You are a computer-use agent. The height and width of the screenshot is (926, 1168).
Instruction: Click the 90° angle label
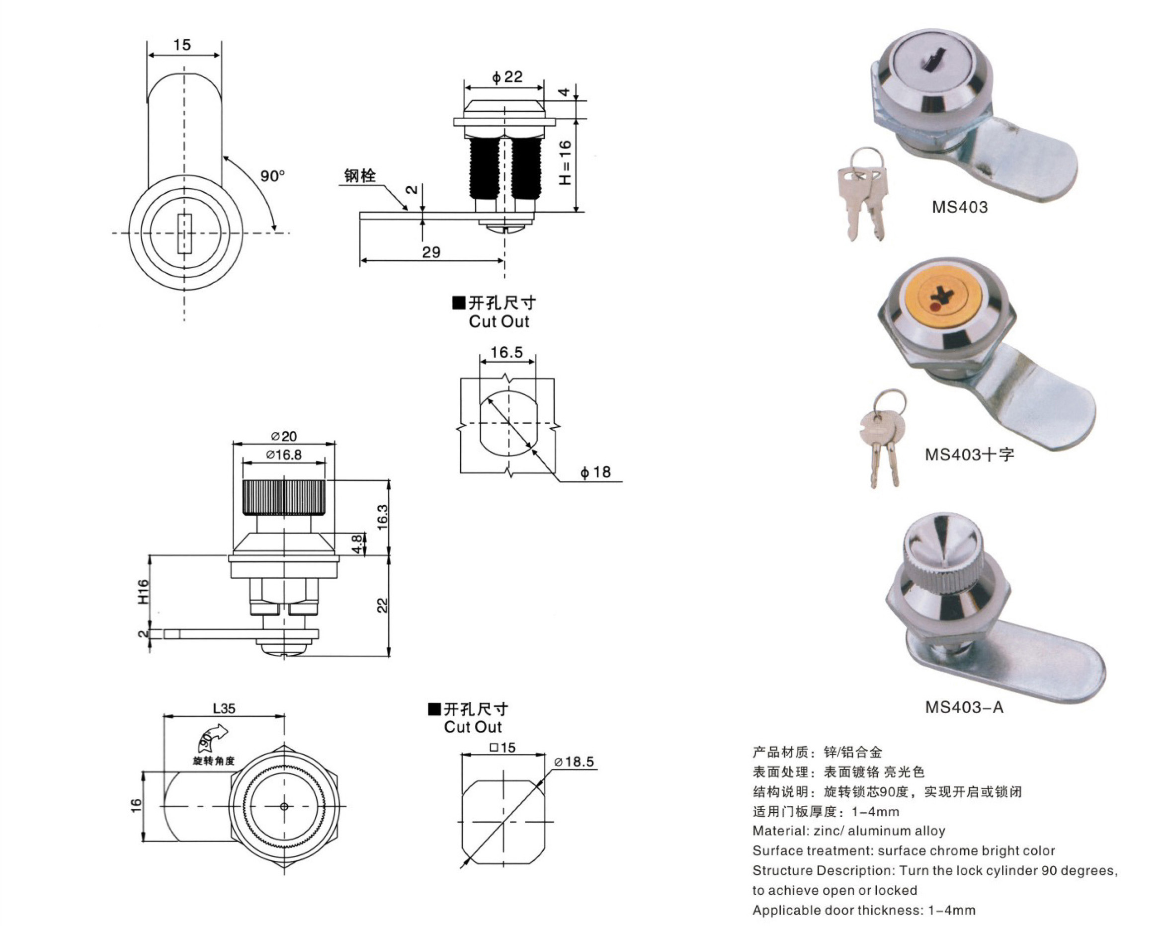click(272, 176)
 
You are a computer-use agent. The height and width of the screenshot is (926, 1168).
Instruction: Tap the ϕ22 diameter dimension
click(507, 77)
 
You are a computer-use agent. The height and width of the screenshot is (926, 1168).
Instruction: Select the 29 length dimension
click(431, 252)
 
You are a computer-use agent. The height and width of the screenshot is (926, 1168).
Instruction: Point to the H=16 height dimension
click(565, 162)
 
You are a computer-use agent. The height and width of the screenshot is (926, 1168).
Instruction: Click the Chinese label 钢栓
click(360, 175)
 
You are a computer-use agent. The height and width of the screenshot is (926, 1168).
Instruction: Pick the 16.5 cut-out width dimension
click(506, 353)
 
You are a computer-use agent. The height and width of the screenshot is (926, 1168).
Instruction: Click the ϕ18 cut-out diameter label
click(595, 472)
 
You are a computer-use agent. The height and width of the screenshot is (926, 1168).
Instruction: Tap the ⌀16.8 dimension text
click(284, 455)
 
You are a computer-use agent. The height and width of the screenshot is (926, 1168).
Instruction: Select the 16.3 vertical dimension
click(383, 517)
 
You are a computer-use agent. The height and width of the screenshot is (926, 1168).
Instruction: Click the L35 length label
click(224, 708)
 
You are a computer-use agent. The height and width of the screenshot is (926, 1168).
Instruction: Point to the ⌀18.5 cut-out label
click(574, 762)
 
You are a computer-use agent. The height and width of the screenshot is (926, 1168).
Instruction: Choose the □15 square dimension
click(503, 748)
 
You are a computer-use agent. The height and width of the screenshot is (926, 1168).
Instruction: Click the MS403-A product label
click(964, 707)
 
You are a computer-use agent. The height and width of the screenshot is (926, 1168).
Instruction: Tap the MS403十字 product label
click(969, 455)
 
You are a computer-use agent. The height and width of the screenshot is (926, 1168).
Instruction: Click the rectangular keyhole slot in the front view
click(184, 234)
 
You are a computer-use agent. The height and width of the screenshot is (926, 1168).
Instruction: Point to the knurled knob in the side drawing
click(284, 498)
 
